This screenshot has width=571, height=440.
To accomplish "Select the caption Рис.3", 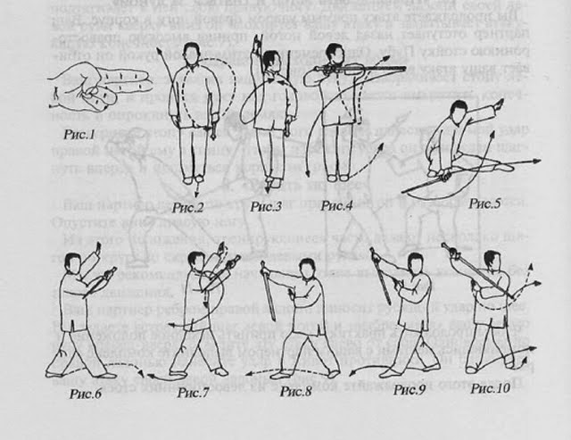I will click(x=266, y=206).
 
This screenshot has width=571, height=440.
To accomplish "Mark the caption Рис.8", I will click(x=295, y=390).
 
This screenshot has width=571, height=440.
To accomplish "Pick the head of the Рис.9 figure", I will click(x=412, y=262).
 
